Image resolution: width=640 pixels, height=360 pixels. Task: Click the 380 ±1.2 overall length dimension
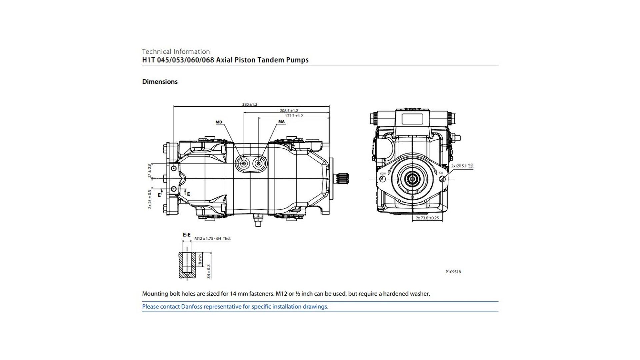click(x=249, y=104)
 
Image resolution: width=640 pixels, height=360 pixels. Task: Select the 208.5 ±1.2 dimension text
click(x=289, y=110)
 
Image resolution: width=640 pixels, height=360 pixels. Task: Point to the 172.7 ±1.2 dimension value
click(x=294, y=116)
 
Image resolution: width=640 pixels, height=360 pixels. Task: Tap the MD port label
click(x=219, y=122)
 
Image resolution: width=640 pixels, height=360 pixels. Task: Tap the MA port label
click(x=281, y=122)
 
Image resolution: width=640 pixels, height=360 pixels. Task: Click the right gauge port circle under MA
click(x=259, y=163)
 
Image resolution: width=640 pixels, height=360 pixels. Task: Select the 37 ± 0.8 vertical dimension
click(x=149, y=171)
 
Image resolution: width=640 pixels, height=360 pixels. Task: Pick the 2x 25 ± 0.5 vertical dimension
click(x=150, y=199)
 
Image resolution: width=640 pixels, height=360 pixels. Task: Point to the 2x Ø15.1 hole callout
click(x=462, y=166)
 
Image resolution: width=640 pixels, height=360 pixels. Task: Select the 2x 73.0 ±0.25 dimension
click(x=427, y=218)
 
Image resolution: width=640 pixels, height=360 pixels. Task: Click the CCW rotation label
click(x=383, y=173)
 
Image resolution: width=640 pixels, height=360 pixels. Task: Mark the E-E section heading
click(x=186, y=235)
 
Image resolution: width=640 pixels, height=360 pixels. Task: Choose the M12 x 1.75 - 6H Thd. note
click(x=212, y=239)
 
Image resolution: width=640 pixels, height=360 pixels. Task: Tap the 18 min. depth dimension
click(x=200, y=259)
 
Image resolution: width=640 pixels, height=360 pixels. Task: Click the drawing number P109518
click(x=453, y=272)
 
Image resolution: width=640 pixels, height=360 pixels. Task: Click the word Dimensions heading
click(x=160, y=82)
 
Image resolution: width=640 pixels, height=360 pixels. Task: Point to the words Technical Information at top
click(x=176, y=51)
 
